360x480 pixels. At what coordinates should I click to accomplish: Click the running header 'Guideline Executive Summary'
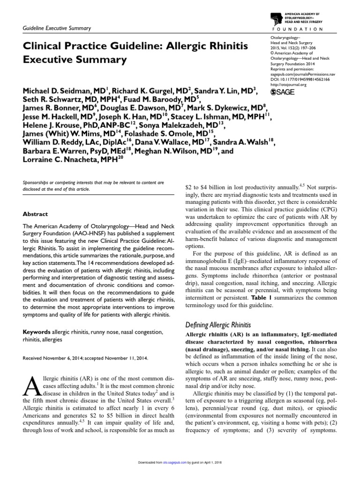(57, 28)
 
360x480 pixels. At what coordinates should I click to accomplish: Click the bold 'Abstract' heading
(36, 214)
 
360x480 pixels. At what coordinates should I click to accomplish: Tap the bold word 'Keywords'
(37, 332)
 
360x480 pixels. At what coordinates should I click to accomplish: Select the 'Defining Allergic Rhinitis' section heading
(219, 325)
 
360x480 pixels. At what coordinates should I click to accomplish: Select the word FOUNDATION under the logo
(314, 29)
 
